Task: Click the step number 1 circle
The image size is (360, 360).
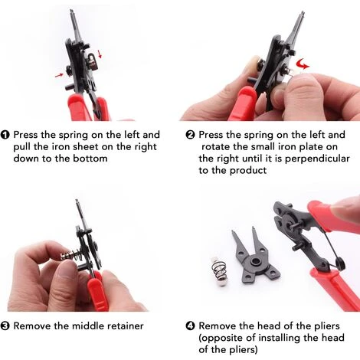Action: point(5,135)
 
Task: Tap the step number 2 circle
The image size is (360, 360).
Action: point(191,135)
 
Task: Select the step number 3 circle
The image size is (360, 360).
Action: point(5,326)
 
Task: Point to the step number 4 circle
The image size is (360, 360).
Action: point(191,326)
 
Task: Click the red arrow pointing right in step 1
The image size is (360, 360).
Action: point(59,75)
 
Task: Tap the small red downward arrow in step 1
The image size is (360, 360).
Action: point(100,54)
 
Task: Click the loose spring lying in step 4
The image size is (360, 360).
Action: point(219,271)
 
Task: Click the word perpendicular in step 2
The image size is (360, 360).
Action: point(317,159)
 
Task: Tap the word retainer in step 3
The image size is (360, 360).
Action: point(126,326)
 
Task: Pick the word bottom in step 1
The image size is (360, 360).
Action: point(90,159)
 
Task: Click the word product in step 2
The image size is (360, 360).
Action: point(248,171)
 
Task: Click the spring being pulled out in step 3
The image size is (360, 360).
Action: point(72,255)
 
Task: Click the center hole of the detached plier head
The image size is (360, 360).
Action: point(254,261)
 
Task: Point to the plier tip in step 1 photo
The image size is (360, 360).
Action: point(72,11)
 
